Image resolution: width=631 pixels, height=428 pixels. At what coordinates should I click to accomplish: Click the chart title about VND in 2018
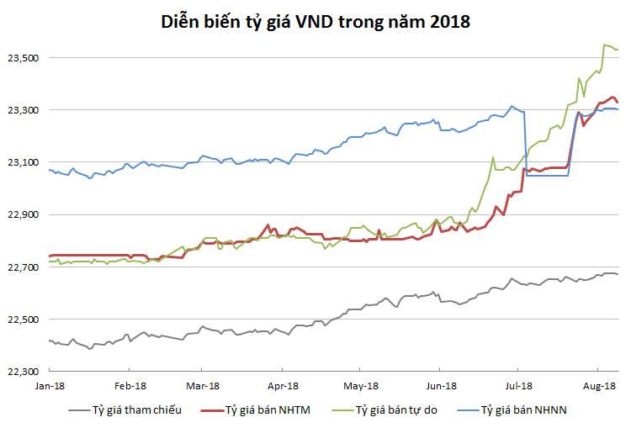coord(315,23)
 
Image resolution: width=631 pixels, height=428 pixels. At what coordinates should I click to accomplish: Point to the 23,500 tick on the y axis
coord(24,58)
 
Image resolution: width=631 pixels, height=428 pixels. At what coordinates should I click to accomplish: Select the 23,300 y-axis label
coord(24,110)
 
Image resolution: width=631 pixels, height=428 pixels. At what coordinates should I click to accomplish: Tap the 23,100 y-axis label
coord(24,162)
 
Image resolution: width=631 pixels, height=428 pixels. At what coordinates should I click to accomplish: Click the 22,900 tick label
coord(24,214)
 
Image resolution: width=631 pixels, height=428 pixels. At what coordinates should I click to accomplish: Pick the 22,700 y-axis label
coord(24,267)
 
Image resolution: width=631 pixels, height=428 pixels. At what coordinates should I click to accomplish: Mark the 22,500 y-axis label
coord(24,320)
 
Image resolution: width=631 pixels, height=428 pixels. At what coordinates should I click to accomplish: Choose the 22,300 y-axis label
coord(24,372)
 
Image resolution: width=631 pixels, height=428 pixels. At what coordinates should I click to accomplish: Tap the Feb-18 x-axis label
coord(129,388)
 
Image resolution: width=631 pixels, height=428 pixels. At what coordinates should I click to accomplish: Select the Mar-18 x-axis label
coord(201,388)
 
